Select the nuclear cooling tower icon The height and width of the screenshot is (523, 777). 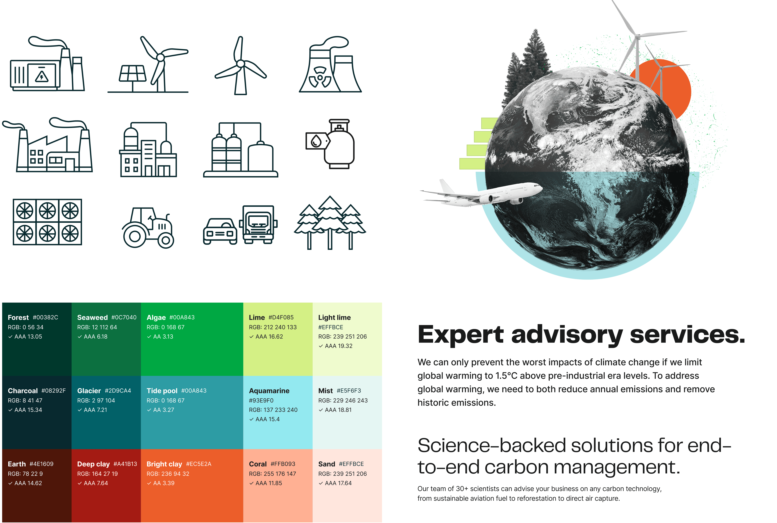tap(330, 64)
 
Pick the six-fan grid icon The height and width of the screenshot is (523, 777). tap(47, 222)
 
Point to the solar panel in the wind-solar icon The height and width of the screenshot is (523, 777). tap(133, 73)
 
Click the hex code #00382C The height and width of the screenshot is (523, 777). tap(45, 317)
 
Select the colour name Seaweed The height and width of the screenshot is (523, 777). tap(92, 317)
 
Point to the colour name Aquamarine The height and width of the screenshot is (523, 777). tap(269, 391)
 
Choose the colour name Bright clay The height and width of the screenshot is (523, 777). tap(164, 464)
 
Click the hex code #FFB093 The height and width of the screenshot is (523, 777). tap(283, 464)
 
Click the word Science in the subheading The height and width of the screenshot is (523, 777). tap(451, 446)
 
